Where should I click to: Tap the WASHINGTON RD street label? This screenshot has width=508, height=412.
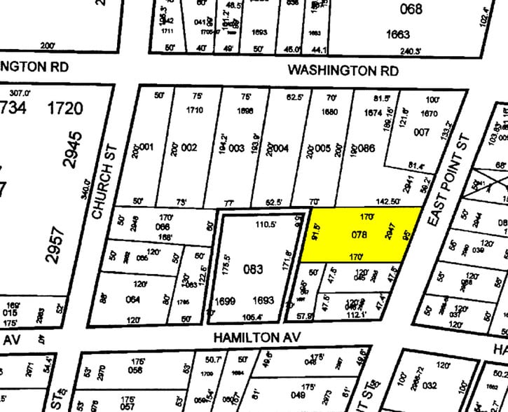click(343, 71)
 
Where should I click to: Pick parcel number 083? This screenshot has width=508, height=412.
click(253, 268)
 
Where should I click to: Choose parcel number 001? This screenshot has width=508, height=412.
click(147, 148)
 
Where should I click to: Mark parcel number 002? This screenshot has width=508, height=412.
click(190, 148)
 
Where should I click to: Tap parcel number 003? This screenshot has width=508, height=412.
click(236, 148)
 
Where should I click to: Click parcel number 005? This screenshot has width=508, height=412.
click(323, 148)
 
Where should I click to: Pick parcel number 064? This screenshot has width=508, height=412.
click(132, 300)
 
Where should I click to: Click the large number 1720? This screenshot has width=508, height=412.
click(64, 109)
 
